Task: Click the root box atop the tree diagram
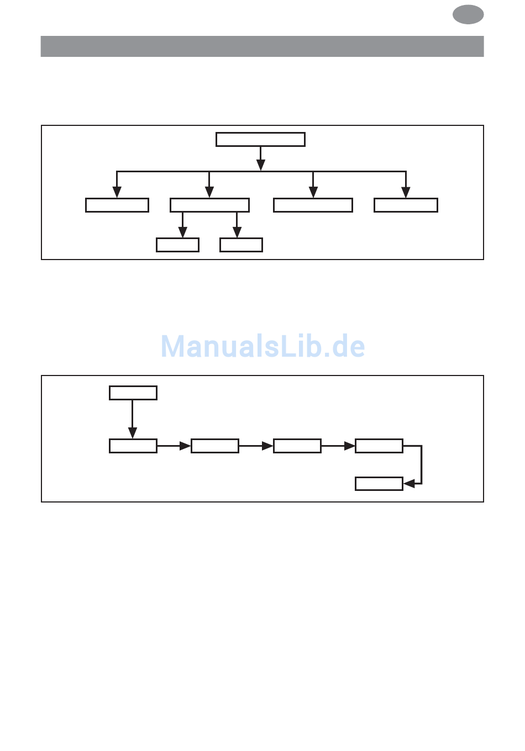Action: pos(260,139)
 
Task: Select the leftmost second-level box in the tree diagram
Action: pos(117,205)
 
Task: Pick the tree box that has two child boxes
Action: pos(209,205)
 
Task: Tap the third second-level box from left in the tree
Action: pos(313,205)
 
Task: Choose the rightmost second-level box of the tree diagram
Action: pos(406,205)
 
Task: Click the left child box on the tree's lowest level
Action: pos(177,245)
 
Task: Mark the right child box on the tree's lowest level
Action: pos(241,245)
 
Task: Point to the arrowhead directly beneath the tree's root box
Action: pos(261,165)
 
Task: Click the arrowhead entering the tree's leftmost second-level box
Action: pos(117,192)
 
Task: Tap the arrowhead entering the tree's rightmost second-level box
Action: pos(406,192)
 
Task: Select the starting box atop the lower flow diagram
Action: pos(133,393)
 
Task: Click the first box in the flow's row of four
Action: pos(133,446)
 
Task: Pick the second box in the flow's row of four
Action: pos(215,446)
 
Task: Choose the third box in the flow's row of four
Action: pos(297,446)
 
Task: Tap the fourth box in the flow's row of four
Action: pos(379,446)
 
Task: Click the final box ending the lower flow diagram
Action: pos(379,484)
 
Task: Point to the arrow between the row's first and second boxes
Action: pos(174,446)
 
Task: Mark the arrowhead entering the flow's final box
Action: pos(409,484)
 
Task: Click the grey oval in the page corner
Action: pos(468,14)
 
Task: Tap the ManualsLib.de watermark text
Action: pos(262,347)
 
